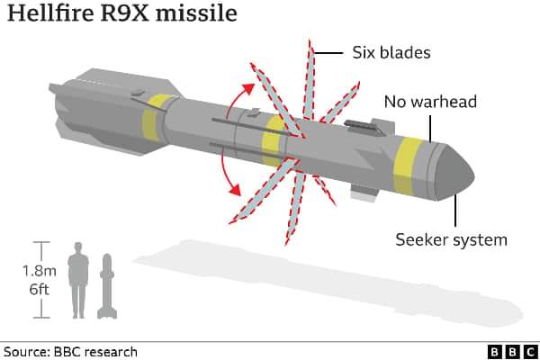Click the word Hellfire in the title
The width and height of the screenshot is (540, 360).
click(50, 13)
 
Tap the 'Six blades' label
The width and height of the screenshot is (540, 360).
click(391, 53)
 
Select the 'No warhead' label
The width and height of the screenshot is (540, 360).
click(430, 102)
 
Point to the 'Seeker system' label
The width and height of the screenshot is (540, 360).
click(451, 240)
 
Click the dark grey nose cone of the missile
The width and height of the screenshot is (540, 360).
click(454, 173)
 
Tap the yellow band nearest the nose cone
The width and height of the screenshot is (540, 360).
click(408, 166)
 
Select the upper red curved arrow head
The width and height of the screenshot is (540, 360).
click(248, 89)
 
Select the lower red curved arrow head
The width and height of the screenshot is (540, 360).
click(236, 190)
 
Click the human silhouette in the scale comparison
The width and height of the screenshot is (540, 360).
click(78, 280)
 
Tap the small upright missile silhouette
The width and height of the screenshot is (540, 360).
click(107, 286)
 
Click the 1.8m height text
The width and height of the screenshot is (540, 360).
click(40, 271)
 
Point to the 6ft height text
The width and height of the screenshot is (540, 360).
click(40, 289)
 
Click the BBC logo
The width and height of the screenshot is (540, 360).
click(513, 352)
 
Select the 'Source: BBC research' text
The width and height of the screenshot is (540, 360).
click(70, 352)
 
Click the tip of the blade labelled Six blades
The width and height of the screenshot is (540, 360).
click(310, 40)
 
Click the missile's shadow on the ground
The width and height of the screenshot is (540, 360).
click(328, 283)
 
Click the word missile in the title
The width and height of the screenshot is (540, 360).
click(196, 13)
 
